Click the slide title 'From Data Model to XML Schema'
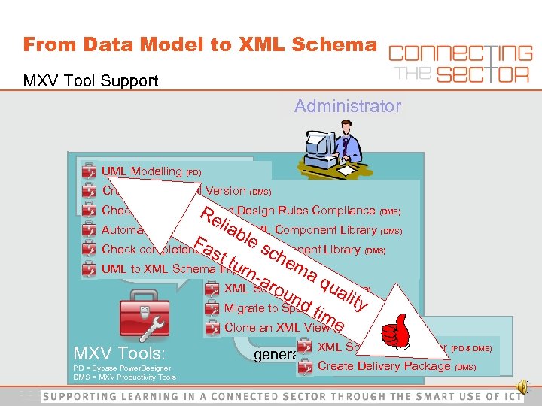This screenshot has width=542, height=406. [199, 44]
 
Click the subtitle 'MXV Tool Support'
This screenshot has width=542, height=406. [90, 80]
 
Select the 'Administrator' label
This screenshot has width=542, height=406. [348, 107]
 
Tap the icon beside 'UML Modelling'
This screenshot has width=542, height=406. [89, 171]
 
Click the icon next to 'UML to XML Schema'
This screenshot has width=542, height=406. [89, 269]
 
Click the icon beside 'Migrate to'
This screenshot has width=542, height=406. [212, 308]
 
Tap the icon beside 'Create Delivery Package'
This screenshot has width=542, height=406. [305, 367]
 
